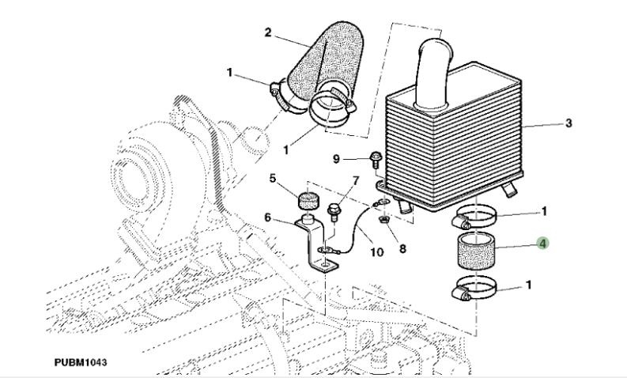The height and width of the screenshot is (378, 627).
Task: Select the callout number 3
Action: click(570, 124)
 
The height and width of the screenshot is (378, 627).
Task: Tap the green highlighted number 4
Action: click(542, 244)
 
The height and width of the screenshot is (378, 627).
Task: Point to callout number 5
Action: click(273, 179)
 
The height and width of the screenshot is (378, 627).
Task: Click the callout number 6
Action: click(268, 217)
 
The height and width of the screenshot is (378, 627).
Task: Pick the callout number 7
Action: click(356, 181)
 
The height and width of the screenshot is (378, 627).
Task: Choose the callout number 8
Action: click(402, 248)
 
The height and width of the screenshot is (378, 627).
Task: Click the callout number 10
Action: click(376, 252)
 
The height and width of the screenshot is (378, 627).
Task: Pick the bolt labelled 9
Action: click(376, 160)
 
